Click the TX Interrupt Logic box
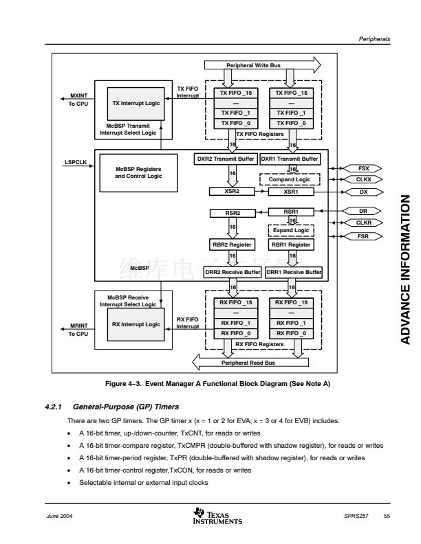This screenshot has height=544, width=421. (136, 103)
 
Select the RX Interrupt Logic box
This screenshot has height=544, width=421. (136, 324)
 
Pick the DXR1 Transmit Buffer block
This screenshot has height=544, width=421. (290, 159)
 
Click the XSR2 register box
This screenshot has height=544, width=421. (232, 191)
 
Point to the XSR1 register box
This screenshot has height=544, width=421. (290, 191)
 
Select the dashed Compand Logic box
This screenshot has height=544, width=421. (290, 179)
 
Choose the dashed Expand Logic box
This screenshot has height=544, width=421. (291, 230)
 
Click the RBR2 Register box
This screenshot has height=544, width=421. (232, 245)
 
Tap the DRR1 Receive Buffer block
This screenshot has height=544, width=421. (294, 272)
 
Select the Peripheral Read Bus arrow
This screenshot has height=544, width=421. (248, 362)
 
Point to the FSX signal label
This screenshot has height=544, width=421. (364, 168)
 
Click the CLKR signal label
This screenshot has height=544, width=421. (364, 223)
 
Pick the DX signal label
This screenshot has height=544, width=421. (364, 192)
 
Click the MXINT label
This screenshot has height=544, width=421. (78, 96)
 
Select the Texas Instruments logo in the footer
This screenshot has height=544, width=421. (218, 516)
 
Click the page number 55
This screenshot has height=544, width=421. (387, 516)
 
